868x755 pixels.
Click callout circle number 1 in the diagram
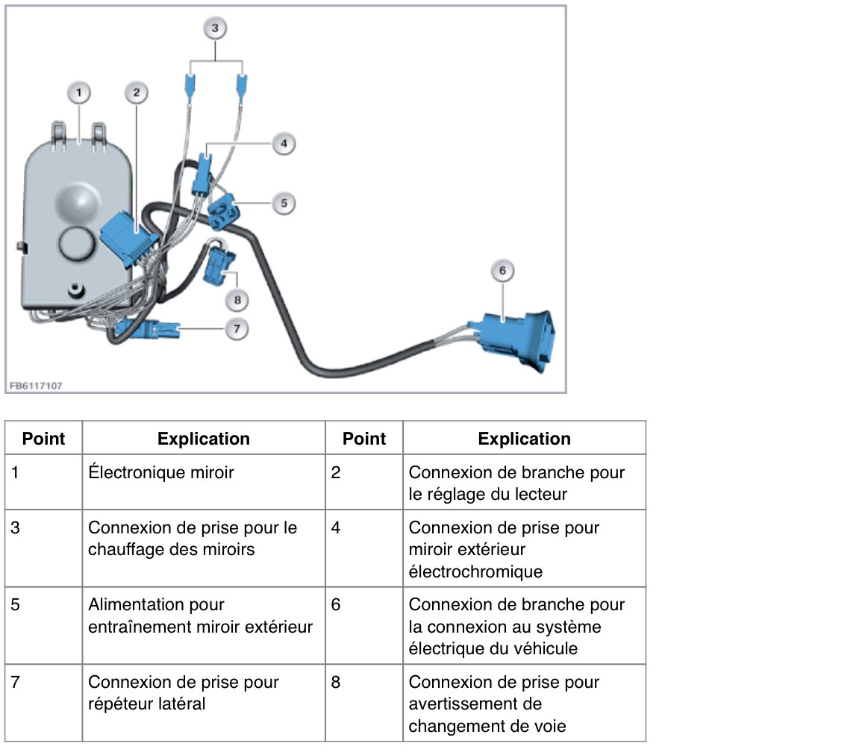pyautogui.click(x=79, y=93)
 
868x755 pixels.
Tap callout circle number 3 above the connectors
pyautogui.click(x=216, y=28)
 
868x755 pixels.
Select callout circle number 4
pyautogui.click(x=284, y=144)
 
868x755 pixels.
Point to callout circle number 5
pyautogui.click(x=284, y=203)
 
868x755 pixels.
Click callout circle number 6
pyautogui.click(x=502, y=271)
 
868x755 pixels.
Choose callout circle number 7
pyautogui.click(x=237, y=329)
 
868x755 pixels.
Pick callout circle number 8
pyautogui.click(x=237, y=300)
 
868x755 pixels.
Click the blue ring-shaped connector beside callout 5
pyautogui.click(x=224, y=211)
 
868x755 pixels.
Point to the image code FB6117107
pyautogui.click(x=36, y=386)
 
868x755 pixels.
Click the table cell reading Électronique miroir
pyautogui.click(x=161, y=472)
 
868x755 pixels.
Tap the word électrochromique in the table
pyautogui.click(x=475, y=571)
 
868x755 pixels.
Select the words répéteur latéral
pyautogui.click(x=147, y=704)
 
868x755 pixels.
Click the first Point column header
pyautogui.click(x=44, y=439)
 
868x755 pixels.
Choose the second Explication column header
pyautogui.click(x=524, y=439)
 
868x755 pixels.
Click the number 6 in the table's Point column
pyautogui.click(x=336, y=604)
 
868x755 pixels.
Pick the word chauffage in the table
pyautogui.click(x=122, y=549)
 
